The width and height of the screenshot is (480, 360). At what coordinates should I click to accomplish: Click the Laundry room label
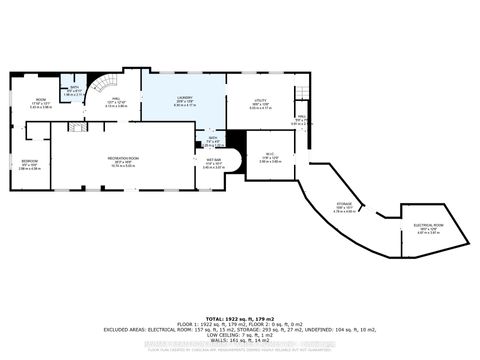(x=182, y=102)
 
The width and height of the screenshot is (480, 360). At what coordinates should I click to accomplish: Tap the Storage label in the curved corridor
(x=343, y=208)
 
